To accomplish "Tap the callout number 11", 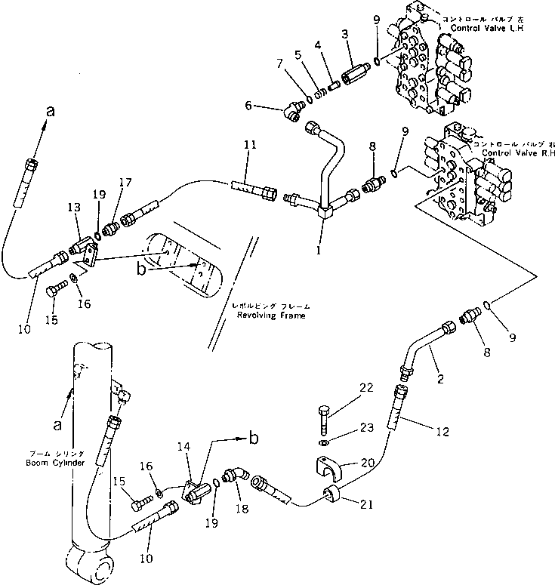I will pyautogui.click(x=250, y=143).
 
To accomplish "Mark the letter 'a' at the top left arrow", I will pyautogui.click(x=51, y=111).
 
